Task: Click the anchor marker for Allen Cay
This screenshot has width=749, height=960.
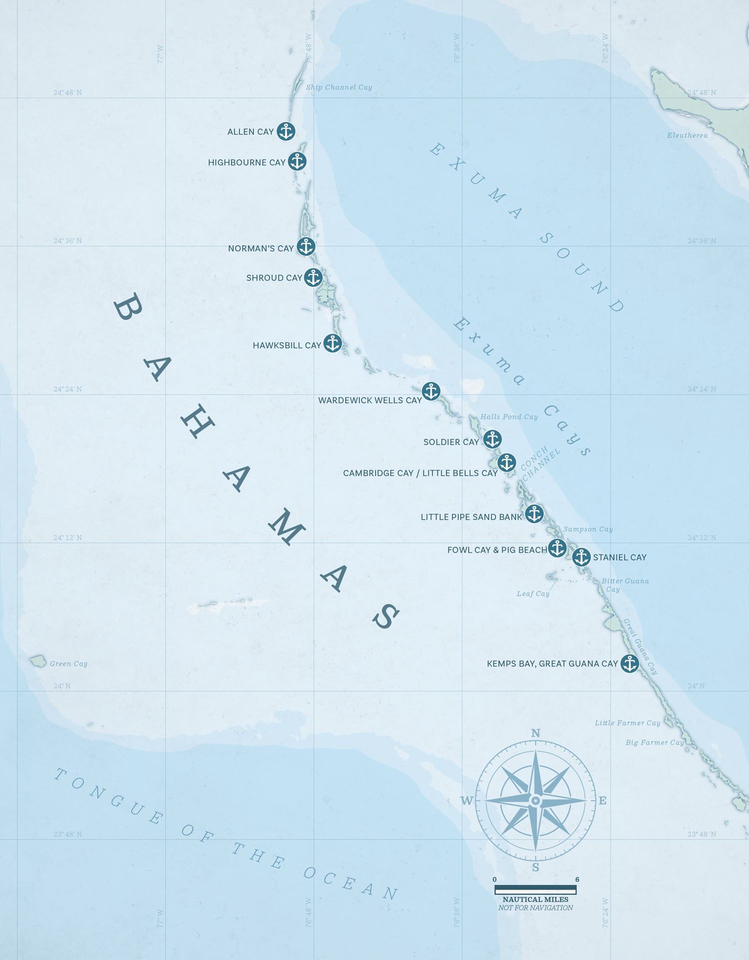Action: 286,131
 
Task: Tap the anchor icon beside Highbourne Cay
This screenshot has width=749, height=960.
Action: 297,161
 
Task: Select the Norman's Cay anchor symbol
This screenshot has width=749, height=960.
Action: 306,246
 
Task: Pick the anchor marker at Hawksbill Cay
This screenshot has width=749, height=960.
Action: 333,343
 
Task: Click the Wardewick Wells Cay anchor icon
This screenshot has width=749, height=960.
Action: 431,391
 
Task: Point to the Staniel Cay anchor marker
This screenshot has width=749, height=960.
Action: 581,557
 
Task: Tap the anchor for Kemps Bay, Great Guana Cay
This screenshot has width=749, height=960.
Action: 630,663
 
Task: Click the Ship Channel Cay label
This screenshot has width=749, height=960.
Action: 339,87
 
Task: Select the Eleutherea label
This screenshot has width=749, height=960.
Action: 687,135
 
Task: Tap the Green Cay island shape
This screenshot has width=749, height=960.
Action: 38,661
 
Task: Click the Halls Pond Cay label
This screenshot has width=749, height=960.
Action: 508,417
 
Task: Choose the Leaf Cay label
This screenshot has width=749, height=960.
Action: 533,594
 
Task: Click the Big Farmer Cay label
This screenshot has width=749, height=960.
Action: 654,743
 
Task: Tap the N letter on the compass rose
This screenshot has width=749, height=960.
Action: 535,733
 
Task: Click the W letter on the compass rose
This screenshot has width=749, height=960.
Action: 466,801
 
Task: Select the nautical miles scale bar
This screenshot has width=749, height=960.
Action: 535,890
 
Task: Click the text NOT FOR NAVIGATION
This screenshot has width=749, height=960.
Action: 535,908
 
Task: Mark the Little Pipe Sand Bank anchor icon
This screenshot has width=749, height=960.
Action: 534,513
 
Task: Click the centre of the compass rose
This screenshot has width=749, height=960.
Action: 535,801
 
